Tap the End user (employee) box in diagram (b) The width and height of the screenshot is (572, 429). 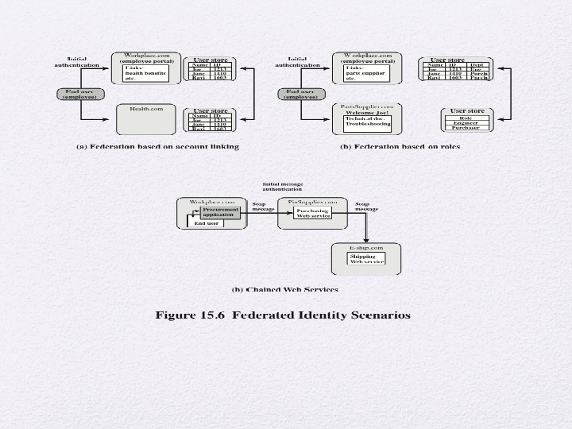(300, 94)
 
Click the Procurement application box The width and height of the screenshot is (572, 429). (218, 212)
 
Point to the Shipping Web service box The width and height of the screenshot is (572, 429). (366, 259)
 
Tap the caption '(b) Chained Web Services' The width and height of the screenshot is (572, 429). (284, 289)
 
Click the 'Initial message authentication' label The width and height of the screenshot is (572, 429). (283, 187)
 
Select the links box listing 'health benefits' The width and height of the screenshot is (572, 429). (146, 74)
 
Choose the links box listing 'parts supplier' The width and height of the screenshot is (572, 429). (365, 74)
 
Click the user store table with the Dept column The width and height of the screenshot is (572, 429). (458, 71)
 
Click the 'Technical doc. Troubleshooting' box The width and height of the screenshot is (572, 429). (368, 122)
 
